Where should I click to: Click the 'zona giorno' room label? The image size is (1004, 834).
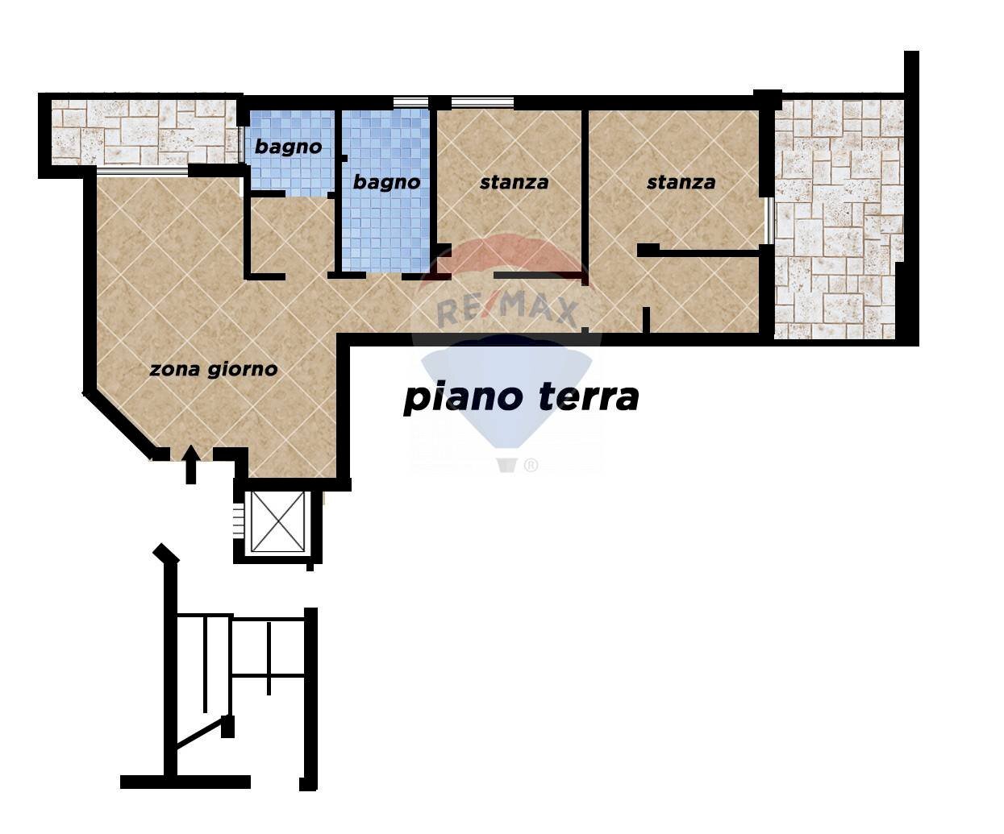coord(214,369)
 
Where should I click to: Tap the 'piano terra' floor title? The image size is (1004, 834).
coord(521,397)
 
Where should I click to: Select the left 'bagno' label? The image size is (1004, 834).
coord(288,147)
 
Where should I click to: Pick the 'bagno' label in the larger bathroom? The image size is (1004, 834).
coord(386,182)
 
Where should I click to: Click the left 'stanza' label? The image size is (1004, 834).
coord(514,182)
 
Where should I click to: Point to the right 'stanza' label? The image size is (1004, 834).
coord(681,182)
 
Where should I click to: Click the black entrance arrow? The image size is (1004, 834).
coord(191,465)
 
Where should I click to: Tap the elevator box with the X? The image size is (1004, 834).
coord(277,521)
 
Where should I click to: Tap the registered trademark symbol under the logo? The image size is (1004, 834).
coord(531,465)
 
